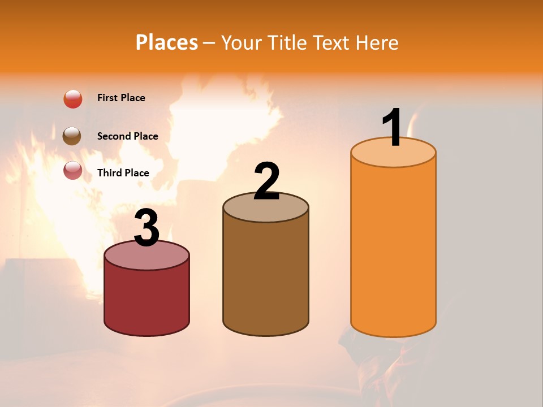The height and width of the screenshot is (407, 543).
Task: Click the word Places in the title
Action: (167, 42)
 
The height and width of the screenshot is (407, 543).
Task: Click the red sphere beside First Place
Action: (73, 99)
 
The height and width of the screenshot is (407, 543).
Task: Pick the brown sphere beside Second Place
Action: (72, 136)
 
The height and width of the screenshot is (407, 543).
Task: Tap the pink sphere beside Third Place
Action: (73, 170)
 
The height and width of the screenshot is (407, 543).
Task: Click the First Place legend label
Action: (121, 98)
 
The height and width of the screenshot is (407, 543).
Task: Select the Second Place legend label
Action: (127, 136)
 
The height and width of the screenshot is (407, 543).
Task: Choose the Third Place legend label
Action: (123, 173)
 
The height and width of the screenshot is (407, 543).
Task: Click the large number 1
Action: (393, 127)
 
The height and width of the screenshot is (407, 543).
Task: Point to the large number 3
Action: (147, 227)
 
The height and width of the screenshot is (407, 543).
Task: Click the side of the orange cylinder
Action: (393, 249)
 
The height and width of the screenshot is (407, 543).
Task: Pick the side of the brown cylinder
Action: (266, 277)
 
